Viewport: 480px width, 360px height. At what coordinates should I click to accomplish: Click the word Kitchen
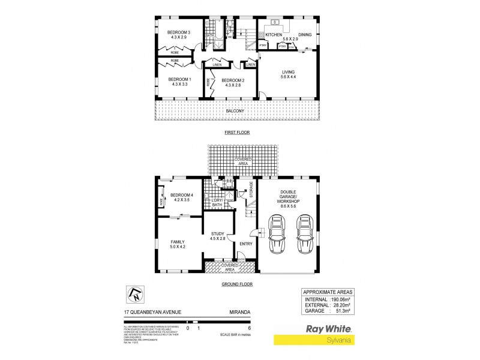274,35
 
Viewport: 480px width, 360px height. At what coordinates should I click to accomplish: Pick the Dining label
305,35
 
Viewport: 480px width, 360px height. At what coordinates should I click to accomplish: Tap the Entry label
246,244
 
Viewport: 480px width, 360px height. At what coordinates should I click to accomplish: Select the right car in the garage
304,236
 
